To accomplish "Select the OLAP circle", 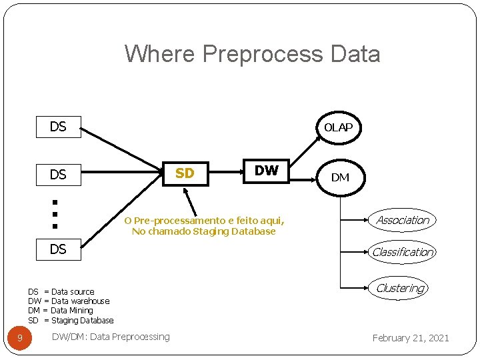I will [x=338, y=127].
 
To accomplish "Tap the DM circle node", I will [x=340, y=177].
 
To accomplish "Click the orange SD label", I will [x=185, y=173].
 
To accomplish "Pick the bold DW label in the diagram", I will [x=266, y=171].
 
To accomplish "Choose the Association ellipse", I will [x=402, y=220].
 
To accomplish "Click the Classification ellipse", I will [x=402, y=252].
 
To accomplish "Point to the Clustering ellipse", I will [x=400, y=288].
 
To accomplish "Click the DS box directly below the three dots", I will [x=58, y=249].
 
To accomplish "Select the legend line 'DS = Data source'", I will [x=61, y=291].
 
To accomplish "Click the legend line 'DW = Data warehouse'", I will [x=68, y=301].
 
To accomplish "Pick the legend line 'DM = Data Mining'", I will [x=60, y=310].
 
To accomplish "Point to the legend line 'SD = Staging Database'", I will [x=71, y=320].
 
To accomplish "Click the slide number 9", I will [x=20, y=338].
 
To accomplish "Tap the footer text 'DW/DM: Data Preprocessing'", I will [x=111, y=337].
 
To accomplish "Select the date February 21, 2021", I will [x=411, y=338].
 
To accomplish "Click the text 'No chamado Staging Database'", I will [x=203, y=231].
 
